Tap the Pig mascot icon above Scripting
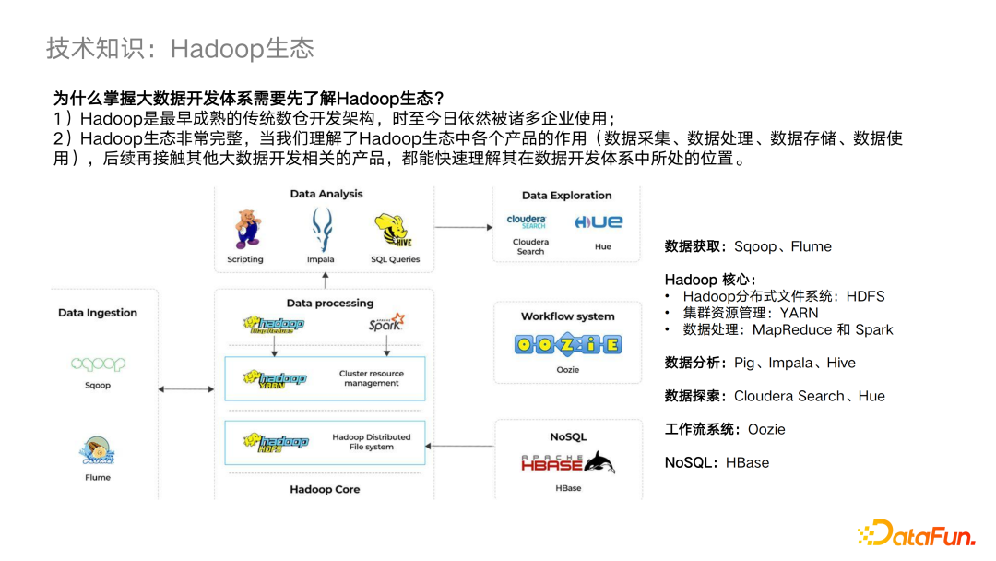tap(245, 228)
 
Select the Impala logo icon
tap(321, 228)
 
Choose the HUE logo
tap(599, 221)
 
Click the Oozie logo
tap(568, 345)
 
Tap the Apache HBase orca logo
tap(567, 462)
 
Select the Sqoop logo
tap(98, 364)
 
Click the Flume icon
tap(97, 453)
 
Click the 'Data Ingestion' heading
tap(98, 313)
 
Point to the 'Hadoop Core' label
tap(325, 489)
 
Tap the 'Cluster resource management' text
tap(371, 378)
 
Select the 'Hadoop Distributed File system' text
tap(372, 442)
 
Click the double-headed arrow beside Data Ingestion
tap(185, 389)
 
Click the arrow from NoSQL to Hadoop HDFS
tap(462, 446)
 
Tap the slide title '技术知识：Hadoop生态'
tap(180, 48)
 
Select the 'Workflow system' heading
tap(567, 316)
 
